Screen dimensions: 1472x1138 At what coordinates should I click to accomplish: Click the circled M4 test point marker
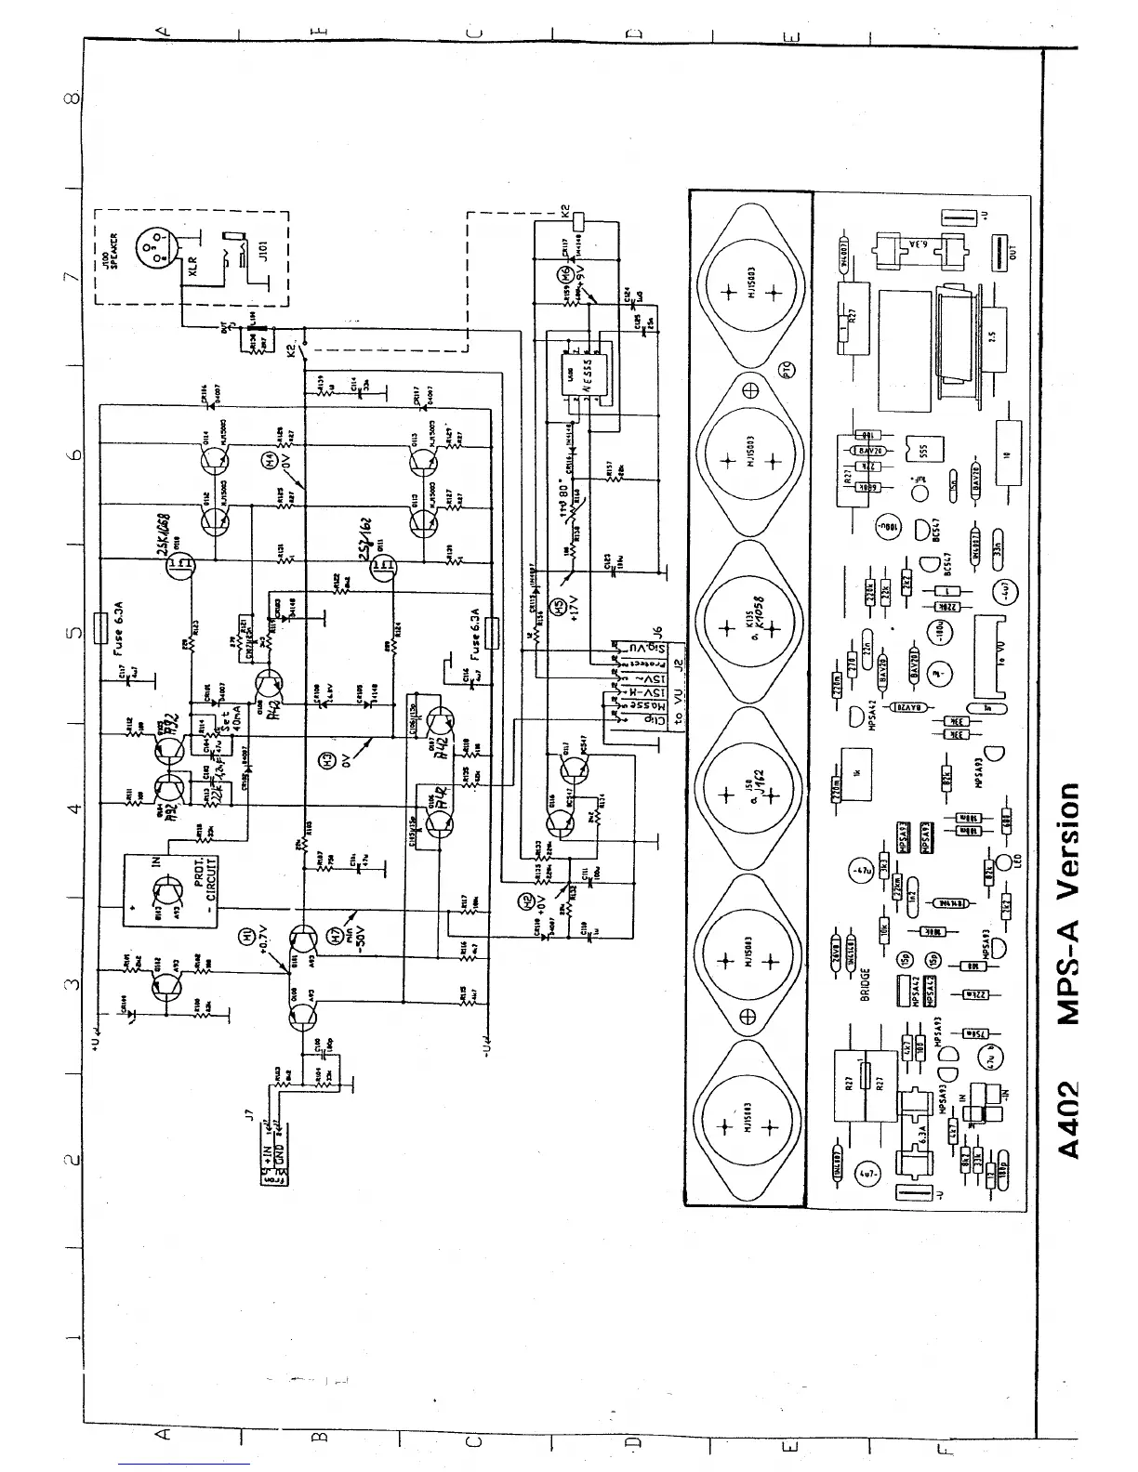tap(271, 458)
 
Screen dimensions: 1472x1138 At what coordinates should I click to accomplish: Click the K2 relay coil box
tap(578, 221)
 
